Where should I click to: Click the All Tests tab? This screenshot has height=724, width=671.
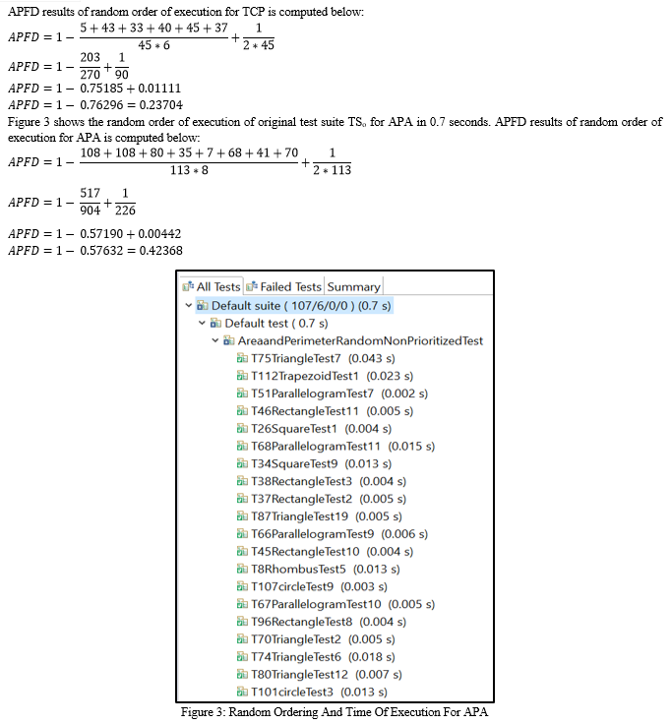[212, 286]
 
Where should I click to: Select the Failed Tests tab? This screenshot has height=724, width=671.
[284, 286]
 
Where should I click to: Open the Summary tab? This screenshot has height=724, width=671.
[354, 286]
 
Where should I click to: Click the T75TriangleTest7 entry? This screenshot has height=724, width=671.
[295, 358]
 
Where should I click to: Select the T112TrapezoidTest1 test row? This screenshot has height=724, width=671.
[305, 376]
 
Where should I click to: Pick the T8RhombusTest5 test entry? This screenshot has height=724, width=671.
[298, 569]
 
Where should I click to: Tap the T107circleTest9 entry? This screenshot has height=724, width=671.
[292, 586]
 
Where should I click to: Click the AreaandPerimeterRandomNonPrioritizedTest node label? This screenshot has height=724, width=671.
[360, 340]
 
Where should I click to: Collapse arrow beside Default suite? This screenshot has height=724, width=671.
[189, 305]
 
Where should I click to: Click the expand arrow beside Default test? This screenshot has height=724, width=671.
[202, 323]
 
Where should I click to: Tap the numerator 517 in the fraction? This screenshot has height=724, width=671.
[91, 193]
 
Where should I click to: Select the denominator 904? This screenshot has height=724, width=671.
[91, 211]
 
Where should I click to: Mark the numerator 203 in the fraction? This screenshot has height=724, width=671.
[91, 57]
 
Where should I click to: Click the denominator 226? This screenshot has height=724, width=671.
[125, 211]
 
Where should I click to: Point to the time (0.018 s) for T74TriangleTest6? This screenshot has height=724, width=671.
[371, 656]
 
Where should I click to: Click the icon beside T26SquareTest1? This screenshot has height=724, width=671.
[242, 429]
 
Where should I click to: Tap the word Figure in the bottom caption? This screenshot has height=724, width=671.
[196, 712]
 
